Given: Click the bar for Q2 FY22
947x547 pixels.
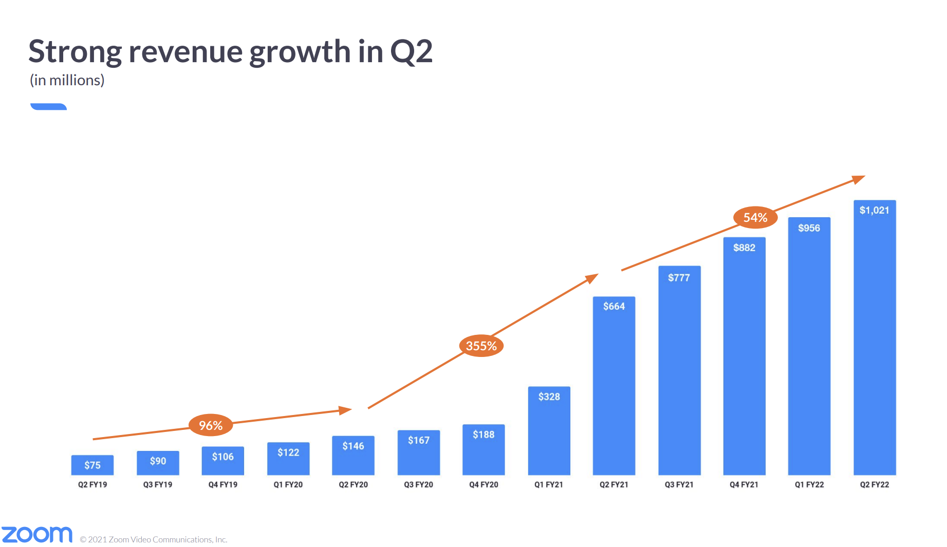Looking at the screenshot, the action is (875, 337).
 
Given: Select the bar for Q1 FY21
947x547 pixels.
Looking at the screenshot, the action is (549, 430).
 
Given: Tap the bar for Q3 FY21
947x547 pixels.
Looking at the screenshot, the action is (679, 370).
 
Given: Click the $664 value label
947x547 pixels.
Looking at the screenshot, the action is (614, 306).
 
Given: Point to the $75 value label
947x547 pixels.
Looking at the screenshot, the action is (92, 465).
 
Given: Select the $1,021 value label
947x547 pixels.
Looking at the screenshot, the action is (875, 210).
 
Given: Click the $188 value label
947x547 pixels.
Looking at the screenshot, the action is (484, 435).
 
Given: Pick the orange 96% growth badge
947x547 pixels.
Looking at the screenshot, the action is (211, 425).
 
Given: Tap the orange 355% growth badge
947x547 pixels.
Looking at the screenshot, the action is (481, 346).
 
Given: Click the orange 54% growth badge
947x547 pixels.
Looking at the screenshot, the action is (755, 217).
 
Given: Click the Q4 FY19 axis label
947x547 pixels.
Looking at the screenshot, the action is (223, 484).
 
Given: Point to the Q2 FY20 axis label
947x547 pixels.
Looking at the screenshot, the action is (354, 484).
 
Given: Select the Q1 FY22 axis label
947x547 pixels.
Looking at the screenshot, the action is (809, 484).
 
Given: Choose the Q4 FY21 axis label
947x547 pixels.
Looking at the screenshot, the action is (744, 484).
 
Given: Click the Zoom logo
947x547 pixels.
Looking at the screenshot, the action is (37, 535).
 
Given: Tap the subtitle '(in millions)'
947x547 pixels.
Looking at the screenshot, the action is (67, 80).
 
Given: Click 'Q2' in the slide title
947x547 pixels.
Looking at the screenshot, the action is (411, 52).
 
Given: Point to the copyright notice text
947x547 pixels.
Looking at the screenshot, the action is (154, 539).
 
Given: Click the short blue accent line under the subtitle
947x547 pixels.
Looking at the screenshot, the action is (49, 106).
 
